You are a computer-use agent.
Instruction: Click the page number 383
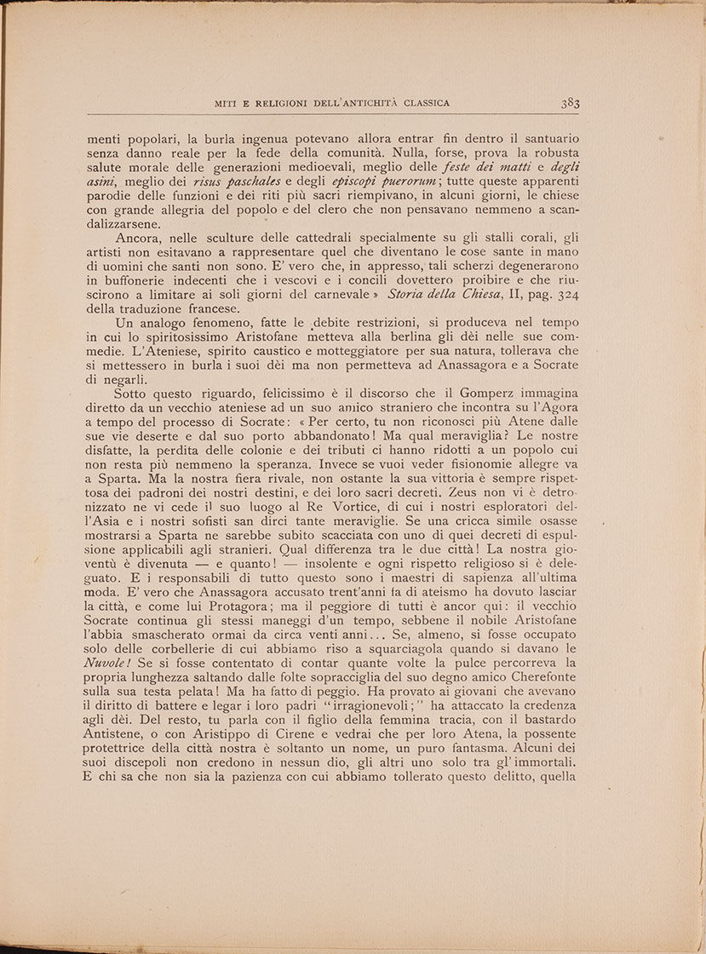pyautogui.click(x=570, y=104)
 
